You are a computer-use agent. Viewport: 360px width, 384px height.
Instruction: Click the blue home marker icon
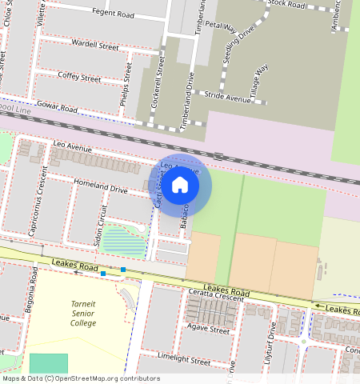pos(180,186)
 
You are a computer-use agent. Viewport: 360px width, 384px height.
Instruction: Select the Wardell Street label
pos(94,46)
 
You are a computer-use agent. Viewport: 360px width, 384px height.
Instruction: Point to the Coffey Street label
pos(79,78)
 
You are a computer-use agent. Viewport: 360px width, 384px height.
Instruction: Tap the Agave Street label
pos(207,330)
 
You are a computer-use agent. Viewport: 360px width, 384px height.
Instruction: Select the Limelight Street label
pos(183,361)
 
